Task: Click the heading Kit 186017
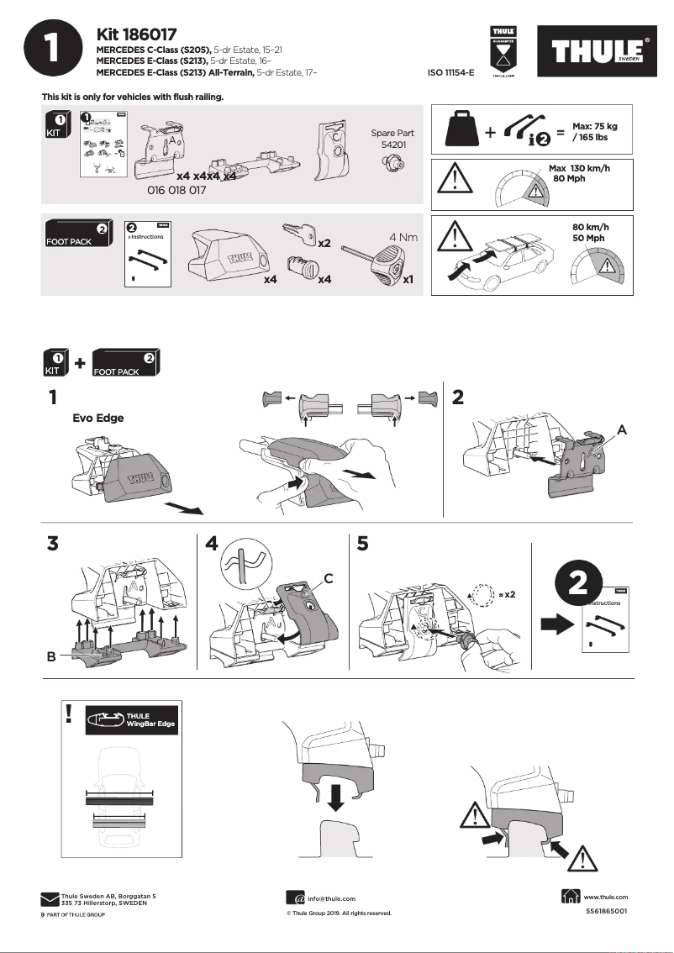[x=136, y=34]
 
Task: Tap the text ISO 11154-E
[x=451, y=74]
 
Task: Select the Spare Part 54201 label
[x=392, y=139]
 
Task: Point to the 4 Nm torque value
[x=403, y=237]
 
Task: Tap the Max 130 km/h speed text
[x=579, y=173]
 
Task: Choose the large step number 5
[x=362, y=543]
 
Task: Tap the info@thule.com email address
[x=332, y=898]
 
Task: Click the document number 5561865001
[x=606, y=911]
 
